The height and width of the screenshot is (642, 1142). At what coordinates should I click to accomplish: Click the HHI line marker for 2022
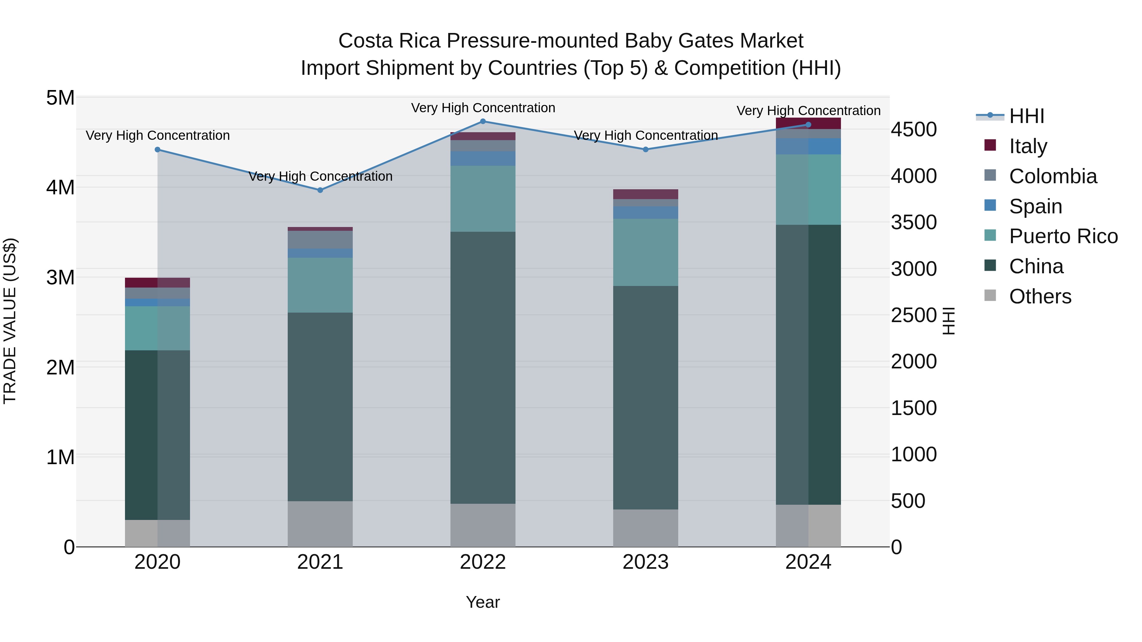[483, 121]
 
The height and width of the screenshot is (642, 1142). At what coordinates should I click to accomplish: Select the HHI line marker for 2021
[320, 190]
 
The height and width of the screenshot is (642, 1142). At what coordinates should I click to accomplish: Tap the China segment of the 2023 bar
[646, 398]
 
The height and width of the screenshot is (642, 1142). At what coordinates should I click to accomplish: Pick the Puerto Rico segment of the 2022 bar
[483, 198]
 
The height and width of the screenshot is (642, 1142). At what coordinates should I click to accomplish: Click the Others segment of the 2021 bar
[320, 524]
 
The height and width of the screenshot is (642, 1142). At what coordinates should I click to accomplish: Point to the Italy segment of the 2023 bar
[646, 194]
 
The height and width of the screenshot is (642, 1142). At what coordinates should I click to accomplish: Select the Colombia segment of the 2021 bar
[320, 240]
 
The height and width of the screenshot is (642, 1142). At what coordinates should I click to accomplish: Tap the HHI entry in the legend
[1026, 116]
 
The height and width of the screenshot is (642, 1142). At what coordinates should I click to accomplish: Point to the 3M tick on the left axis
[60, 277]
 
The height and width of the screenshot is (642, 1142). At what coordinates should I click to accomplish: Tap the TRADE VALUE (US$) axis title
[10, 321]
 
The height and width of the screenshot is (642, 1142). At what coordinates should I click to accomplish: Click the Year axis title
[483, 602]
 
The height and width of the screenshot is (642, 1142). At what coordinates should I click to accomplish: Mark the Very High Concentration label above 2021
[320, 176]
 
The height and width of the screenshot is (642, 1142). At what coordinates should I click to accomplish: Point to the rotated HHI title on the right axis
[948, 321]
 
